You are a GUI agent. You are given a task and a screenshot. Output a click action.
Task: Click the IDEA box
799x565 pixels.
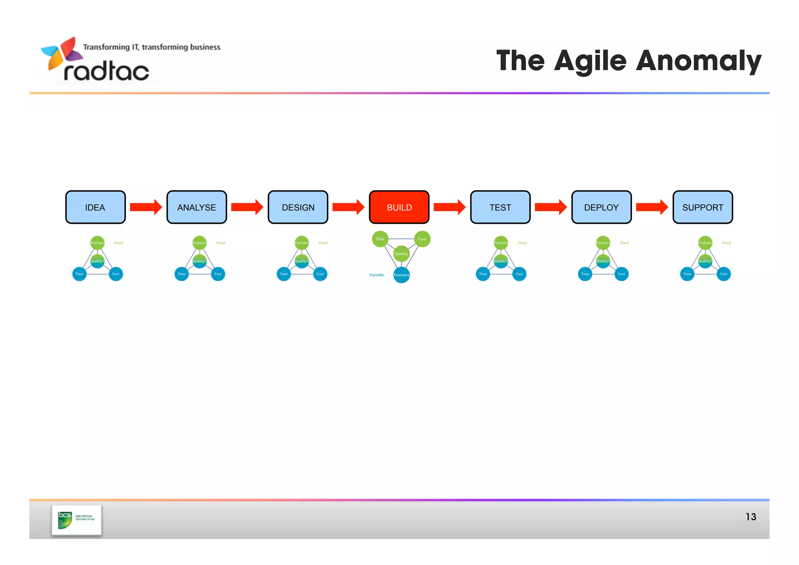(x=95, y=207)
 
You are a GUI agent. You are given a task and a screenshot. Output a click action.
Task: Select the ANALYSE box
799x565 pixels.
(x=197, y=207)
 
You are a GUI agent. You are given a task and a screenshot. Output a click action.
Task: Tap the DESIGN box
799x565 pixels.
(x=298, y=207)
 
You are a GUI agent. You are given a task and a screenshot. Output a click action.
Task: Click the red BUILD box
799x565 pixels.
(x=399, y=207)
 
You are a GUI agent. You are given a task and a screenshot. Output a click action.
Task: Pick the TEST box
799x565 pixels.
(x=500, y=207)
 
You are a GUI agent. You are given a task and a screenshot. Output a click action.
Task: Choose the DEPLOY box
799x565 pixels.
(x=601, y=207)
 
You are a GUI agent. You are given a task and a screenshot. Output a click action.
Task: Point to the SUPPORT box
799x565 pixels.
(x=703, y=207)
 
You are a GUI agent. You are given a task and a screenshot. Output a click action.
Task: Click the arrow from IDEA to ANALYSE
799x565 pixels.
(x=146, y=207)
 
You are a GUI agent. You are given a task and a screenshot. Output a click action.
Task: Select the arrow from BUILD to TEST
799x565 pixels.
(x=449, y=207)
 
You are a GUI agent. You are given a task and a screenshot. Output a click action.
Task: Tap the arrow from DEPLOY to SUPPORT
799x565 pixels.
(x=652, y=207)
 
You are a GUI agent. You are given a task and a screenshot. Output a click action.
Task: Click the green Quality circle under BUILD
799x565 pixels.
(x=401, y=254)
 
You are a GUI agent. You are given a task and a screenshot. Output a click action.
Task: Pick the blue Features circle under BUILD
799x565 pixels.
(x=401, y=275)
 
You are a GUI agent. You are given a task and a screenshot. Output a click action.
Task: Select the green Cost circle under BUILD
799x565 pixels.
(x=422, y=239)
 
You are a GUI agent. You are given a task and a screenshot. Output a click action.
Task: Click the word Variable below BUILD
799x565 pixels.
(x=376, y=275)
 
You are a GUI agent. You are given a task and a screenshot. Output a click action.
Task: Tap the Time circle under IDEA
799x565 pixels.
(x=80, y=274)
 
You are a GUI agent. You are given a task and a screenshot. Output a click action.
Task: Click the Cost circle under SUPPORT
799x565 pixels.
(x=723, y=274)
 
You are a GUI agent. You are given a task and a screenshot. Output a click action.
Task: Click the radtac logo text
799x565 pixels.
(x=106, y=71)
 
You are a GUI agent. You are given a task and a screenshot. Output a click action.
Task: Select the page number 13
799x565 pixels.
(x=751, y=517)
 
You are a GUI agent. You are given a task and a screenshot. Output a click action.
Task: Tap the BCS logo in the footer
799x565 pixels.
(x=76, y=520)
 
